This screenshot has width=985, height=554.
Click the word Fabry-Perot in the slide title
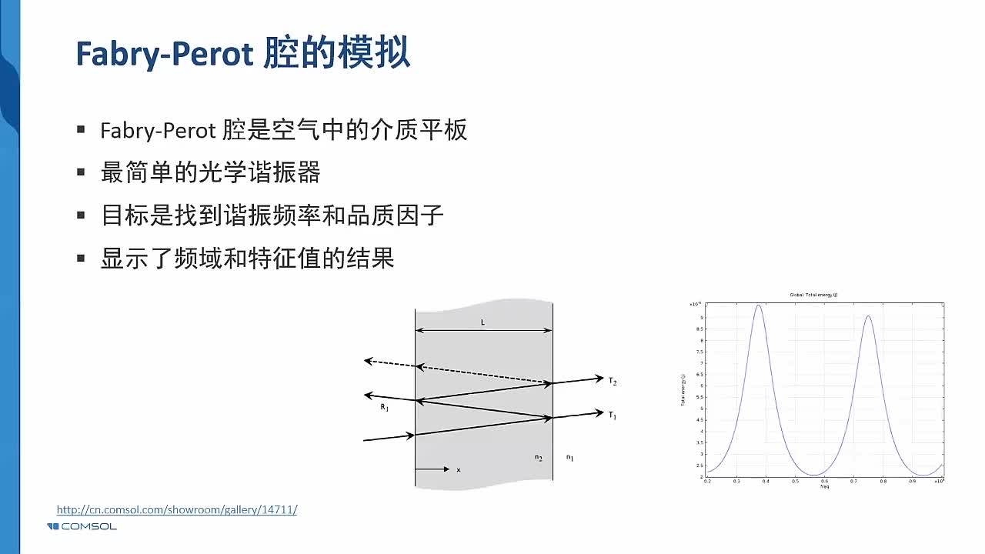tap(165, 54)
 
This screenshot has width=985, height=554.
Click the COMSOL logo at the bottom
tap(82, 526)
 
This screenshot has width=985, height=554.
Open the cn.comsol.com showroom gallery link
tap(176, 509)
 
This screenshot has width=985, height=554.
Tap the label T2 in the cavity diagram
tap(613, 381)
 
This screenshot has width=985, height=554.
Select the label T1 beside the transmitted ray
tap(613, 415)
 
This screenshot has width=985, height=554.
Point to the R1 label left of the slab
tap(384, 407)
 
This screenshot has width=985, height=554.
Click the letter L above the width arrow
tap(483, 322)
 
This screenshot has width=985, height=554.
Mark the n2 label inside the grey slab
tap(539, 458)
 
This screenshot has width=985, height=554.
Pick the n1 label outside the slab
tap(569, 458)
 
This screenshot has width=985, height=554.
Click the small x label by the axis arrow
tap(459, 469)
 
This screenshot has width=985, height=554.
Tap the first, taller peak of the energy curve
tap(759, 305)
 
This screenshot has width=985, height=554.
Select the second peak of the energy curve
tap(868, 316)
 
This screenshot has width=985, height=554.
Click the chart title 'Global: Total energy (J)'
tap(813, 295)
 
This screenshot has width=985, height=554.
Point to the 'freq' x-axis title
tap(824, 486)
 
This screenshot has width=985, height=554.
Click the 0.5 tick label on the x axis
tap(795, 481)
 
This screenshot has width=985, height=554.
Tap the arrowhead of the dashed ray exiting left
tap(368, 360)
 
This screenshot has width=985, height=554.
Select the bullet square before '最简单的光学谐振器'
tap(81, 172)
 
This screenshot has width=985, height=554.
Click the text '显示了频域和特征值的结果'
tap(247, 258)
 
